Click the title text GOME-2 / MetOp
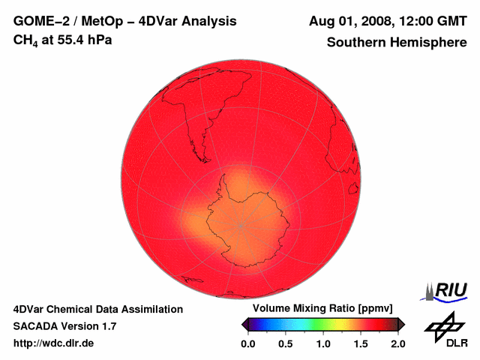point(65,21)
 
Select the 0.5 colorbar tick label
point(285,343)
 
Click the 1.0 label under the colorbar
point(322,343)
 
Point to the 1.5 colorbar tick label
point(361,343)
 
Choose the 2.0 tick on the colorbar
point(397,343)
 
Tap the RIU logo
point(448,290)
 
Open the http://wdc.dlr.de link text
point(54,343)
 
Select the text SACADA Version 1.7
point(65,326)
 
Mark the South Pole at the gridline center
point(240,224)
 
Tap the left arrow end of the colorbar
point(244,324)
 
